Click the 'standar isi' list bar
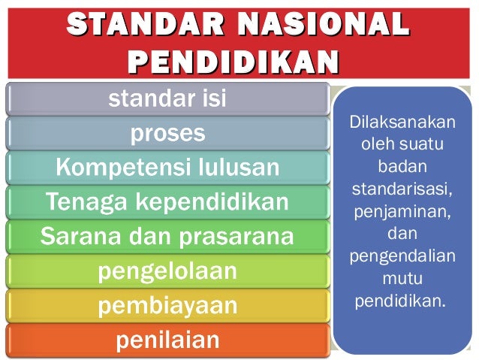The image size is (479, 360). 167,99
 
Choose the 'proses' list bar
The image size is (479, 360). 167,133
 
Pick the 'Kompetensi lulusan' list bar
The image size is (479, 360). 167,168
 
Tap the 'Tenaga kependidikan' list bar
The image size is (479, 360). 167,202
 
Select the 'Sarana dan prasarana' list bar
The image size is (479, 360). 167,237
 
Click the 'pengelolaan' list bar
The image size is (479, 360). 167,271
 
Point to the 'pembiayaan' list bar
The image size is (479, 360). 167,305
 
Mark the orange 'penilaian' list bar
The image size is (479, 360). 167,340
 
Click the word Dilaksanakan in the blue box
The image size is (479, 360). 402,122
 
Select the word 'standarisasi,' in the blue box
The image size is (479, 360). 402,185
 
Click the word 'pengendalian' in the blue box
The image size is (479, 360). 402,256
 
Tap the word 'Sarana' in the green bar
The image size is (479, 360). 74,237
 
